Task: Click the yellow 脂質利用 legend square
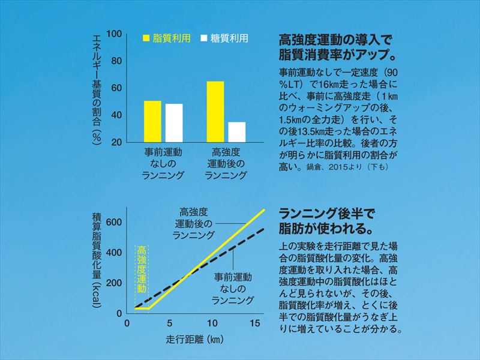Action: click(x=146, y=38)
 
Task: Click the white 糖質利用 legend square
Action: click(x=204, y=38)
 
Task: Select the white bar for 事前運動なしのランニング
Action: click(x=173, y=123)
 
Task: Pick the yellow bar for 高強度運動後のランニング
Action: click(x=215, y=112)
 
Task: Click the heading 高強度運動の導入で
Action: click(x=335, y=41)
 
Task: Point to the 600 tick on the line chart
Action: click(x=115, y=222)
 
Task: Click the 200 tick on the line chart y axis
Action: click(x=115, y=283)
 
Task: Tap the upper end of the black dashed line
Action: click(x=264, y=229)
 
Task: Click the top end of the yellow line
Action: click(x=264, y=209)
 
